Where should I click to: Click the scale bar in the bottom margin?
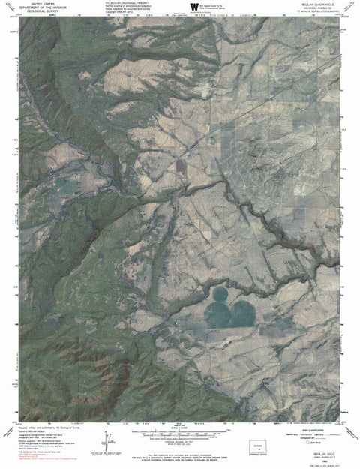180,435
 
